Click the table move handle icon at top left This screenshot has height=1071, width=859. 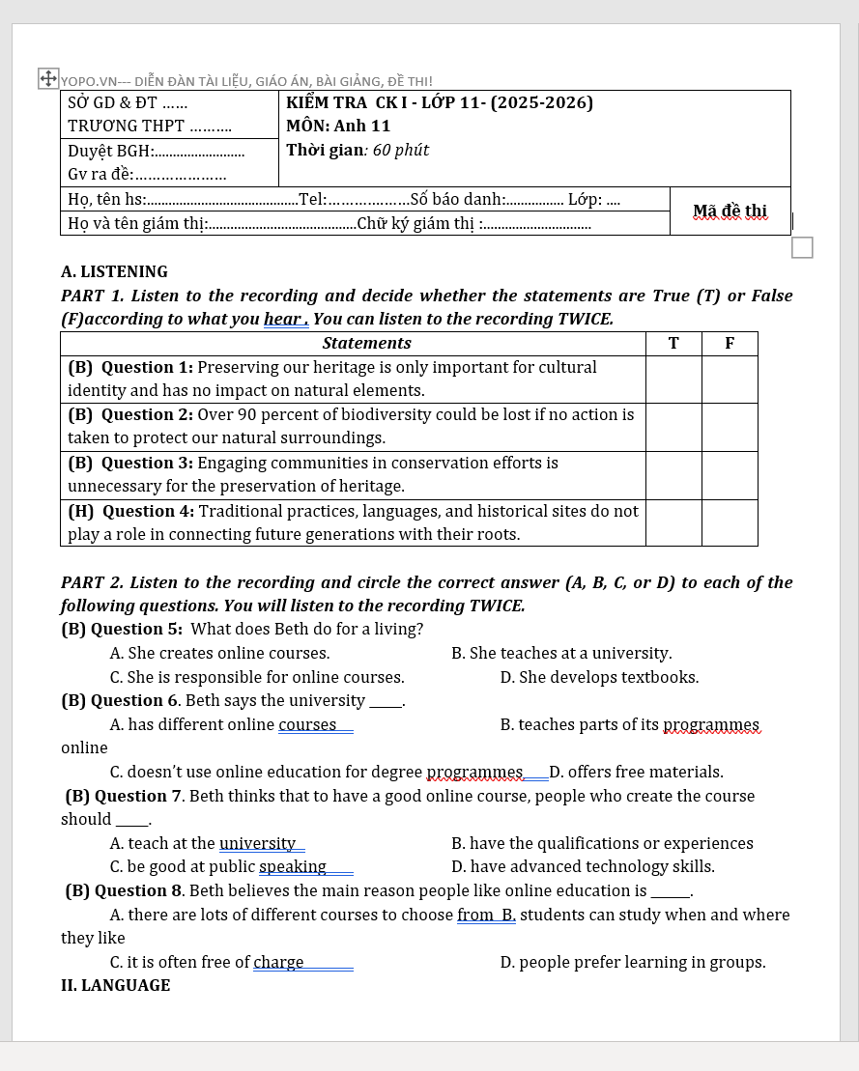pos(48,78)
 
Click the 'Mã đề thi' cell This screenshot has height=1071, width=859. pos(730,211)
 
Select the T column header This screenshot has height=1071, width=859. pos(673,343)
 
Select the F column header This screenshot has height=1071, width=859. pos(729,343)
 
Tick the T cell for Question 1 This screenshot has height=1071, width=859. pos(673,379)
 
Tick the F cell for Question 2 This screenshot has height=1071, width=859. pos(729,426)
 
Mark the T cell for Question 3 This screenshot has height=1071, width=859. pos(673,474)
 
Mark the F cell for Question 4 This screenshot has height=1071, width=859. pos(729,522)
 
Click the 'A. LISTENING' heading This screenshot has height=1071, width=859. pos(114,271)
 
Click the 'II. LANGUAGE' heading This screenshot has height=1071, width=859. pos(115,985)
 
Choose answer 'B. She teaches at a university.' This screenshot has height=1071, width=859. pos(561,653)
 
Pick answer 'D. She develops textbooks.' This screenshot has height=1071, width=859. pos(599,677)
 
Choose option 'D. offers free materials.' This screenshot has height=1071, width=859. pos(636,772)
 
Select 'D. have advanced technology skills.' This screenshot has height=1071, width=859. pos(583,866)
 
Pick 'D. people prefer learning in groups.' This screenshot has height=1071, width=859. pos(633,962)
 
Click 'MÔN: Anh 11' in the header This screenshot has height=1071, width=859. pos(338,126)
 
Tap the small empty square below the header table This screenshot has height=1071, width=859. pos(802,247)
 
